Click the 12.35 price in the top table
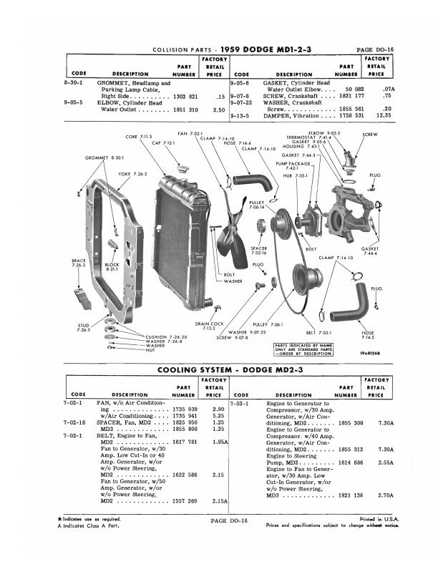[x=384, y=115]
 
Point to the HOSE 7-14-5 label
[x=368, y=334]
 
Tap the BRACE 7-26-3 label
[x=78, y=263]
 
